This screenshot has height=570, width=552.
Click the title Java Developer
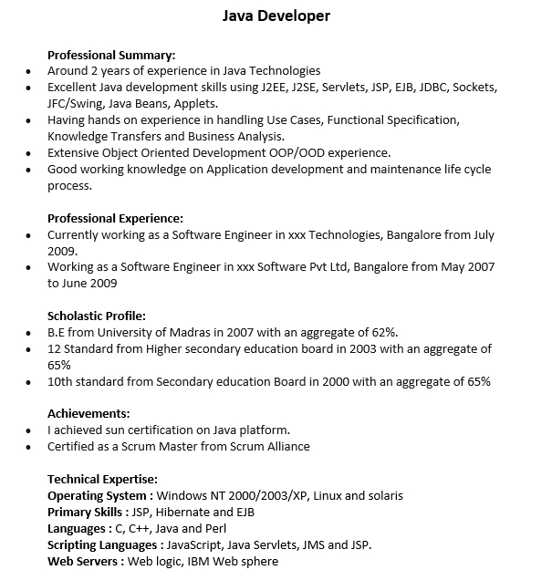pyautogui.click(x=276, y=16)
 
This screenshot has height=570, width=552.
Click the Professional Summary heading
pyautogui.click(x=111, y=54)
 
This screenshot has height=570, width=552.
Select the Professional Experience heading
pyautogui.click(x=115, y=218)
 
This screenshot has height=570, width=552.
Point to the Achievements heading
pyautogui.click(x=89, y=413)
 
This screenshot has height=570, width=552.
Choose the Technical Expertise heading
pyautogui.click(x=102, y=479)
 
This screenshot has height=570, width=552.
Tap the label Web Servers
pyautogui.click(x=85, y=562)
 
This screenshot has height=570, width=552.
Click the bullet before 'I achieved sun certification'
pyautogui.click(x=28, y=430)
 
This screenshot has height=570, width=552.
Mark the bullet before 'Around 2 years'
pyautogui.click(x=28, y=71)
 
